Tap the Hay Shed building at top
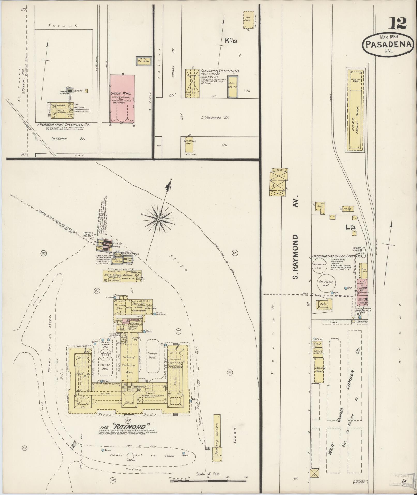(x=248, y=19)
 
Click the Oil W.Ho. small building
(x=143, y=61)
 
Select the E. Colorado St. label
(x=215, y=117)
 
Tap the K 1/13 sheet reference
(x=231, y=41)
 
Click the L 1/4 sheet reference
(x=351, y=227)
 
